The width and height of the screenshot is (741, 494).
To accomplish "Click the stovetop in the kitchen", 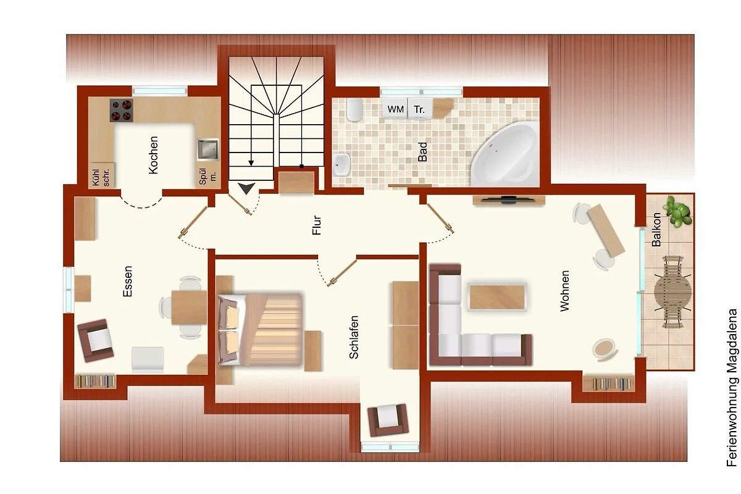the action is (122, 110).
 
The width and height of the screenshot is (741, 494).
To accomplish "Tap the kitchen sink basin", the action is (208, 149).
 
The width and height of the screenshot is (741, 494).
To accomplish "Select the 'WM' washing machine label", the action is (396, 109).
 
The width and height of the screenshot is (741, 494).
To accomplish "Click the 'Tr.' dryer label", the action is (419, 109).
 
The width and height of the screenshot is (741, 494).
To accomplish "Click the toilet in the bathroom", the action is (354, 109).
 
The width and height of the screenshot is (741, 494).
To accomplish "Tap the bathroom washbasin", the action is (341, 164).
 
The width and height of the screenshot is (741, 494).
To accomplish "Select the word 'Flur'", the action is (317, 225).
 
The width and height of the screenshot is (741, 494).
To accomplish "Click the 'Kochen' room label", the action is (154, 155).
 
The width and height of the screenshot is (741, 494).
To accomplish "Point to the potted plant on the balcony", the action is (679, 211).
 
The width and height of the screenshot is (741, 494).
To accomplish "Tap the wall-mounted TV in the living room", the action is (509, 200).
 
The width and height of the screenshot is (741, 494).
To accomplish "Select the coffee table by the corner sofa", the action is (497, 297).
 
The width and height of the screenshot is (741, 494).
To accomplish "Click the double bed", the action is (261, 330).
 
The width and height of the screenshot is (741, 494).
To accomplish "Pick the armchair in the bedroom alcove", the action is (388, 421).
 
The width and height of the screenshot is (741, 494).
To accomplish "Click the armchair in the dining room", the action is (96, 340).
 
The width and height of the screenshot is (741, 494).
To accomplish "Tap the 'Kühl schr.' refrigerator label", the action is (101, 177).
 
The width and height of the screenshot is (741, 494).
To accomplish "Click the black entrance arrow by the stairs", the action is (248, 188).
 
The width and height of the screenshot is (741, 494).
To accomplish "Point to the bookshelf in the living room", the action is (609, 383).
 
